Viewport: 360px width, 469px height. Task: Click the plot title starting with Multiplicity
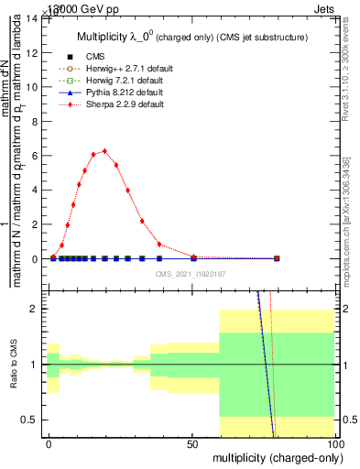point(189,37)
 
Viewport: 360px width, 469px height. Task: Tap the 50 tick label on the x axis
point(193,442)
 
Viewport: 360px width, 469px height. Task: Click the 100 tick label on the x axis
point(335,442)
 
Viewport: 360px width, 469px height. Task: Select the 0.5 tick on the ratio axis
point(32,420)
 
